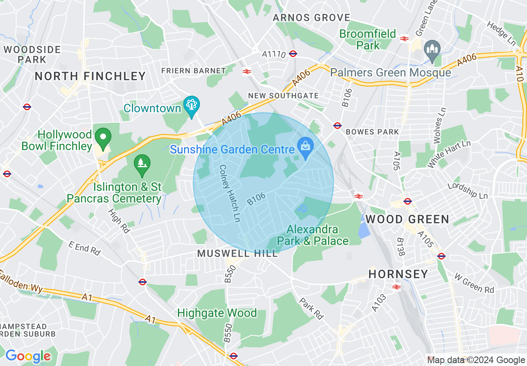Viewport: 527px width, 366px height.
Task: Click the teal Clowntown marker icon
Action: coord(191,106)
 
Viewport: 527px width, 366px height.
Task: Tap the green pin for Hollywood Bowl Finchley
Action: coord(103,137)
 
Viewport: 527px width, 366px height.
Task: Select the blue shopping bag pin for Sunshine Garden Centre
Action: coord(305,147)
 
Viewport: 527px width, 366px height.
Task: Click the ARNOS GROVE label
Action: coord(311,18)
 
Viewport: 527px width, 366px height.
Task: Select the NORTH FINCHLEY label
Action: coord(90,76)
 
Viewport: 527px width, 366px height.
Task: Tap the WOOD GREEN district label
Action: coord(407,219)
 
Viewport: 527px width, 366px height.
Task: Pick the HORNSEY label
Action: coord(398,274)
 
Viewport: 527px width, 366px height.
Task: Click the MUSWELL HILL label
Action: coord(237,253)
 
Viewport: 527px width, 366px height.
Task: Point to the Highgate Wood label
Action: coord(217,313)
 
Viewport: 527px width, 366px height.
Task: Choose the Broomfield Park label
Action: coord(368,40)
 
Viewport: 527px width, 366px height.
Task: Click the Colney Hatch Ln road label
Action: coord(230,193)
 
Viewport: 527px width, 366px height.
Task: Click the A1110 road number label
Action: coord(274,54)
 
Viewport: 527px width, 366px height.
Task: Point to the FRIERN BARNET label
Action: coord(194,71)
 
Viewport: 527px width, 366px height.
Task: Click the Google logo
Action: coord(28,356)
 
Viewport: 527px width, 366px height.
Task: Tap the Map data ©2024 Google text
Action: coord(476,360)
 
